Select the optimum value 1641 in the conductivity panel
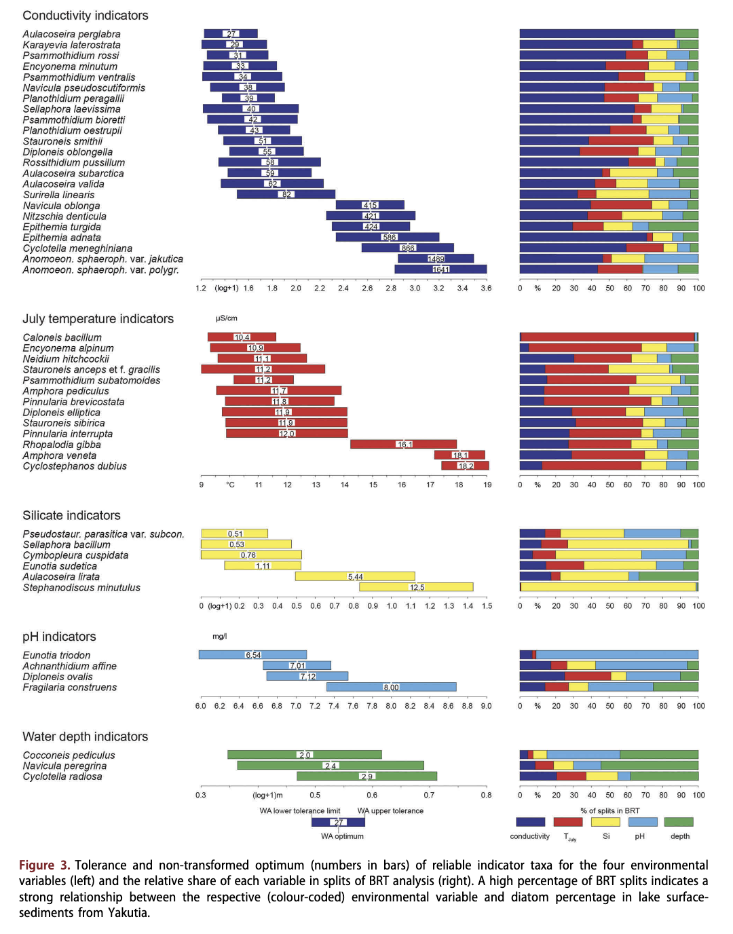441,269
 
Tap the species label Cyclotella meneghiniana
77,248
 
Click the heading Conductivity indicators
86,16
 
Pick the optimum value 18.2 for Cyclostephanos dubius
466,466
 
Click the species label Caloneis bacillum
62,337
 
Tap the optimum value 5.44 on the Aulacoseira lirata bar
356,577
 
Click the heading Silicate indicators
71,516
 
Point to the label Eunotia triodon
56,655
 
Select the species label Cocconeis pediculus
69,755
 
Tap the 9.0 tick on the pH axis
486,706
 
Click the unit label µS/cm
227,318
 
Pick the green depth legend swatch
679,822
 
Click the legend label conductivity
529,836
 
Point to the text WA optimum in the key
342,836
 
